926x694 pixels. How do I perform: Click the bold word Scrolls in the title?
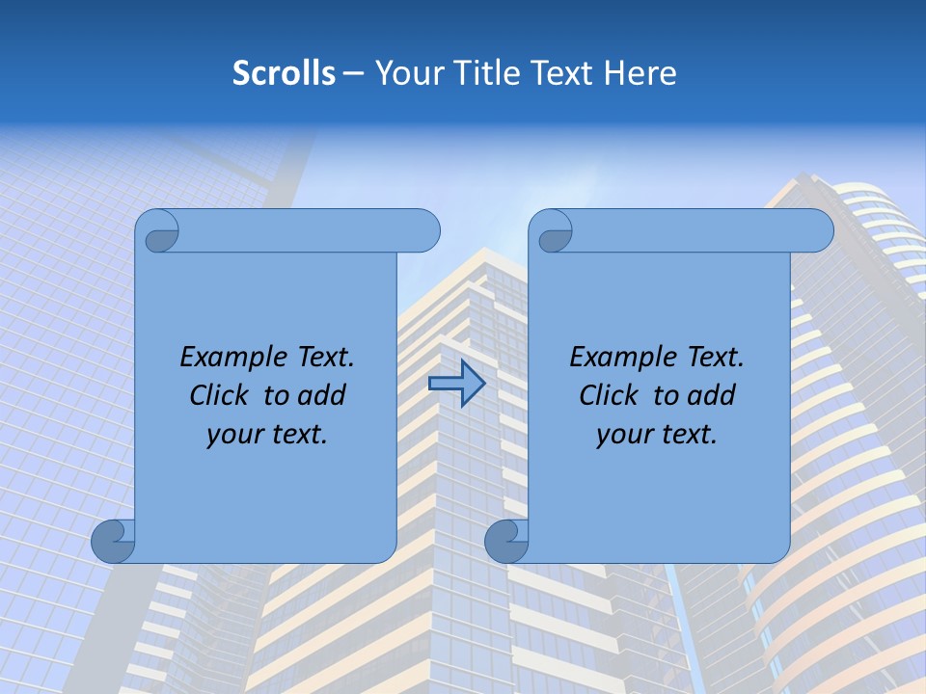[284, 73]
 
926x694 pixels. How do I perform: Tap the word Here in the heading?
[640, 73]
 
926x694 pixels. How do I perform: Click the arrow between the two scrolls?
[456, 384]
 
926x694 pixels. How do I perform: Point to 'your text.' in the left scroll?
[267, 434]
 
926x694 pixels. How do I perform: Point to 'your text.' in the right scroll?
[657, 434]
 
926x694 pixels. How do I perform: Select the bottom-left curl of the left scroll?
[113, 540]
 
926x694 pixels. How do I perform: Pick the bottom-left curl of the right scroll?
[506, 540]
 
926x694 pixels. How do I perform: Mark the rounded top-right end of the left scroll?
[424, 230]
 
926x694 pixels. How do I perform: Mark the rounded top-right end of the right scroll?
[818, 230]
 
